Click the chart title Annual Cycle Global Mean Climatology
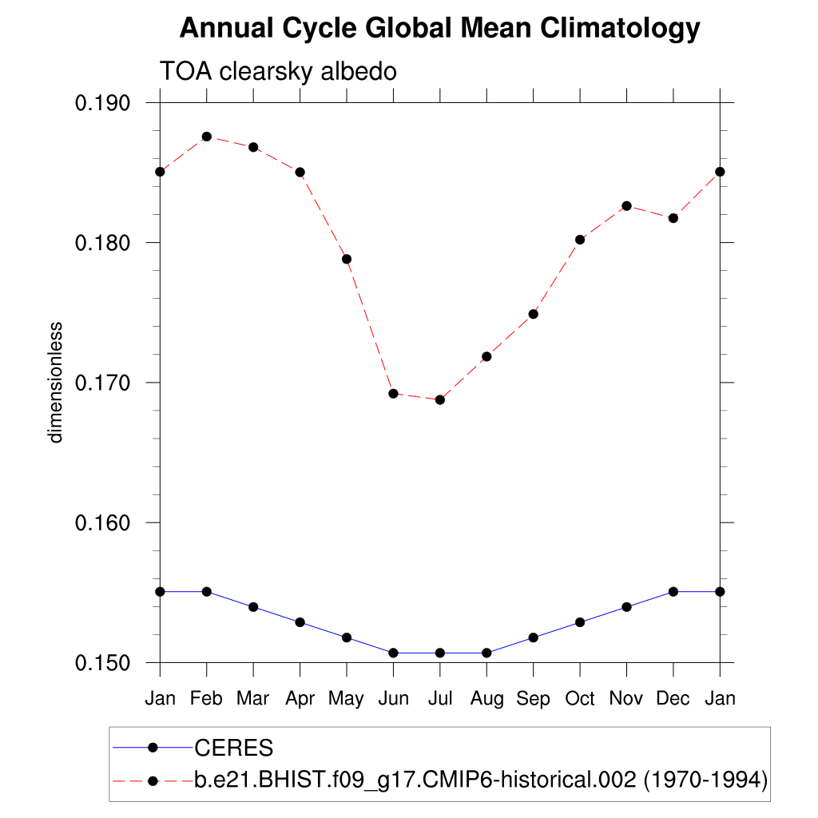pyautogui.click(x=439, y=29)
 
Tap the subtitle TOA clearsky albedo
pyautogui.click(x=279, y=71)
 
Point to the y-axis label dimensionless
pyautogui.click(x=55, y=383)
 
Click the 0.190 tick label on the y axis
pyautogui.click(x=107, y=103)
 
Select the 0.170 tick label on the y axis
pyautogui.click(x=107, y=383)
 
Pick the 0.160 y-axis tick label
pyautogui.click(x=107, y=523)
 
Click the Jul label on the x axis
pyautogui.click(x=439, y=699)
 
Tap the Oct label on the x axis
pyautogui.click(x=580, y=699)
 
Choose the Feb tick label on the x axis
pyautogui.click(x=207, y=699)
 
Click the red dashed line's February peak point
pyautogui.click(x=207, y=137)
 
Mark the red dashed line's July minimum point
pyautogui.click(x=439, y=399)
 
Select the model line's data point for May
pyautogui.click(x=347, y=259)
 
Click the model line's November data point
pyautogui.click(x=626, y=206)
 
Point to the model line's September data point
pyautogui.click(x=533, y=314)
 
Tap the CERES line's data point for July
pyautogui.click(x=439, y=653)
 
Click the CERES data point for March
pyautogui.click(x=253, y=607)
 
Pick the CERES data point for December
pyautogui.click(x=673, y=591)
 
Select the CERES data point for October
pyautogui.click(x=580, y=622)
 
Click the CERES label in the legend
pyautogui.click(x=234, y=749)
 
